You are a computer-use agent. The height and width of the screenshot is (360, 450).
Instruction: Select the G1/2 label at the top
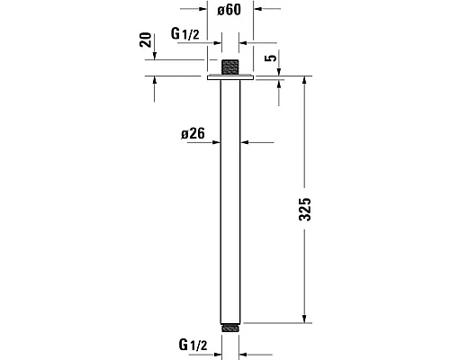click(x=184, y=33)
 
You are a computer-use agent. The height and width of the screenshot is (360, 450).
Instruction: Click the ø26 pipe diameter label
click(x=193, y=134)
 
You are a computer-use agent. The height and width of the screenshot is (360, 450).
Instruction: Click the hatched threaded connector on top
click(x=231, y=67)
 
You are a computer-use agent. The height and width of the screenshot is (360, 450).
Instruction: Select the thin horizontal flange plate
click(x=231, y=79)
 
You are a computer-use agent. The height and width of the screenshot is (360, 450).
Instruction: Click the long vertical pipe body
click(x=231, y=198)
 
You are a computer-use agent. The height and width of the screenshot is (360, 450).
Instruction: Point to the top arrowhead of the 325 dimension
click(x=305, y=83)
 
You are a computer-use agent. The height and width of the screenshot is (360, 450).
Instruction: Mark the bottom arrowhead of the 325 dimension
click(x=305, y=317)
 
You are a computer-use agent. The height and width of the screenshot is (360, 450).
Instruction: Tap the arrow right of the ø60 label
click(x=260, y=10)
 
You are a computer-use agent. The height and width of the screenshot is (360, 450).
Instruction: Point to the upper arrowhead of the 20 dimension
click(x=156, y=57)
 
